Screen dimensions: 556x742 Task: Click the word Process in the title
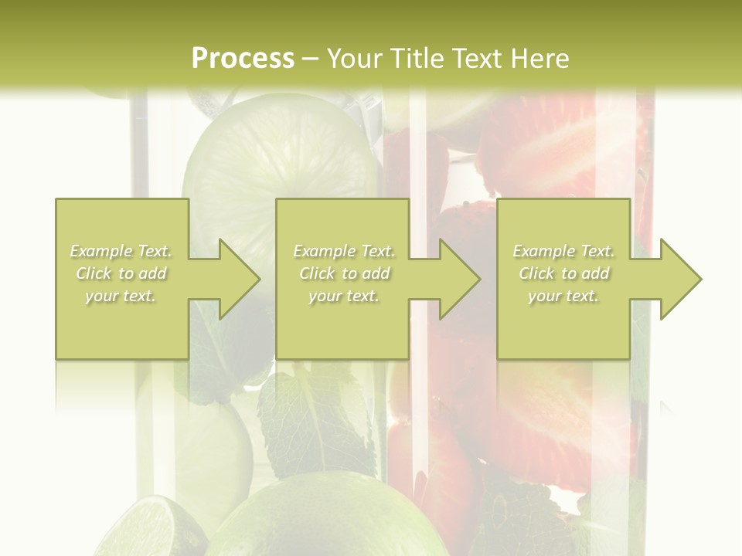243,59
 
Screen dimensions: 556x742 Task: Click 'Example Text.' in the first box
121,251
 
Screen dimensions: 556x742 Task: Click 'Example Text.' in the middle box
344,251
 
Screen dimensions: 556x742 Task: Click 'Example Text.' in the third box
563,251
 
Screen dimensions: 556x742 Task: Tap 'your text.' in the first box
121,296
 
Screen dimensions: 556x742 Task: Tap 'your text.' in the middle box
343,296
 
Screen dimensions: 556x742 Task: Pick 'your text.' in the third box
563,296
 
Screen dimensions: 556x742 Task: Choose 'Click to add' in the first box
121,273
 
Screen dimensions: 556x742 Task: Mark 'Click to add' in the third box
564,273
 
